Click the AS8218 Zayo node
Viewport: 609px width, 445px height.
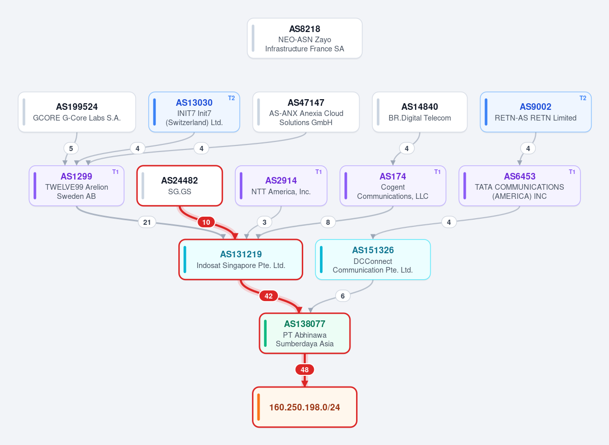pos(305,39)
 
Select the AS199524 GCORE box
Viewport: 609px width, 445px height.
pos(77,112)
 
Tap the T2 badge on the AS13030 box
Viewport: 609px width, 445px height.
pos(232,98)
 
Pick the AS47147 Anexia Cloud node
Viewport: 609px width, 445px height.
pos(306,112)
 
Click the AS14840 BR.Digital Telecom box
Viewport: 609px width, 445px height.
pos(420,112)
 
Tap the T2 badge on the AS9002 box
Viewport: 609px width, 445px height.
pos(583,98)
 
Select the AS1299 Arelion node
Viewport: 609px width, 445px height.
pos(77,186)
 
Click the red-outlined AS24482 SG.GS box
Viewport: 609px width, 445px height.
pos(179,186)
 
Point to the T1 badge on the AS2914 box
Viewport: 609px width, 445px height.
pos(318,172)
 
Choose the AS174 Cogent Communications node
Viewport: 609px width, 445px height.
pos(393,186)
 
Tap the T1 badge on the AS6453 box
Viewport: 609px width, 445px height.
pos(572,172)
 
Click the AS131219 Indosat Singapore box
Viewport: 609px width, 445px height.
pos(241,259)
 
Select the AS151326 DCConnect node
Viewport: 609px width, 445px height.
pos(373,259)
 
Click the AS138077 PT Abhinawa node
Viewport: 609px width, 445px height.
pos(305,333)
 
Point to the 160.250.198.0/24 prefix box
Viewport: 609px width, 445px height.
pos(305,407)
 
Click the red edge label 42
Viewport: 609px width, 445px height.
pos(268,296)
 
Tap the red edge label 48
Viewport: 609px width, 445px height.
pos(305,370)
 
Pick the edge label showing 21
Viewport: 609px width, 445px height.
pos(147,223)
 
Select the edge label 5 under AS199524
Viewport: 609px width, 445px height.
pos(71,149)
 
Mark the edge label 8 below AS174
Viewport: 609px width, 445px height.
pos(328,223)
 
